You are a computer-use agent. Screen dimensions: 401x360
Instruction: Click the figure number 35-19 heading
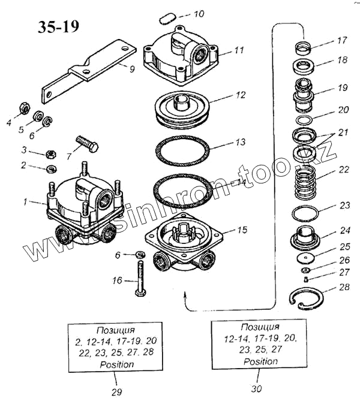pyautogui.click(x=57, y=28)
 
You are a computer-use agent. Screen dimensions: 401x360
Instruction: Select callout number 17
pyautogui.click(x=341, y=41)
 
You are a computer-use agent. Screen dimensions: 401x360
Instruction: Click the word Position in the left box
pyautogui.click(x=118, y=364)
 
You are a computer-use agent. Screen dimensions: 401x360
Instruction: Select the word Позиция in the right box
pyautogui.click(x=260, y=326)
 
